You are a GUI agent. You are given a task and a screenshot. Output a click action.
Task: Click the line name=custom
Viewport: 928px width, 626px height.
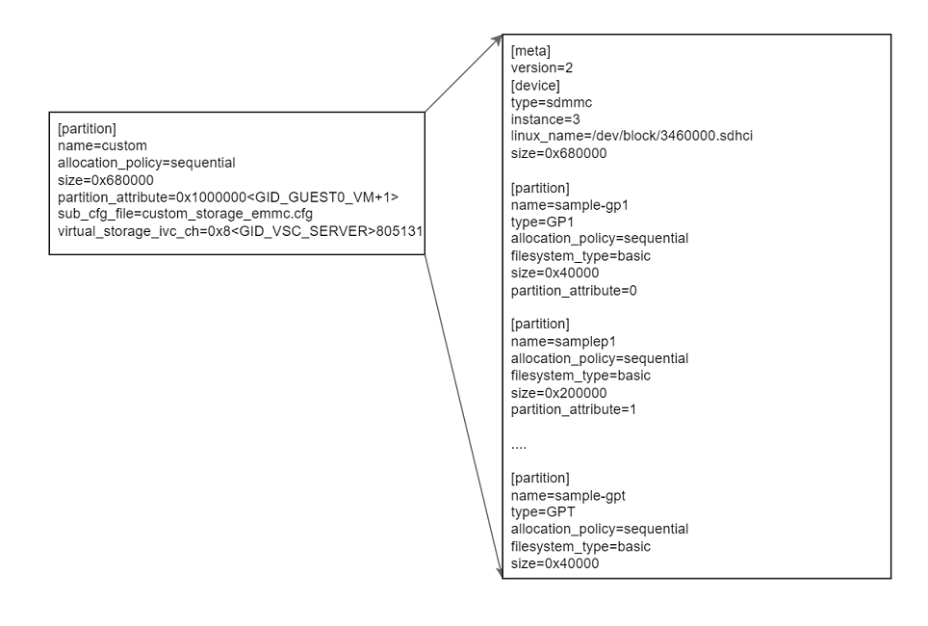[x=102, y=145]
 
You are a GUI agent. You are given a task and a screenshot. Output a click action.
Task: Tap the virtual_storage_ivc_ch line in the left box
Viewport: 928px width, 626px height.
[x=241, y=231]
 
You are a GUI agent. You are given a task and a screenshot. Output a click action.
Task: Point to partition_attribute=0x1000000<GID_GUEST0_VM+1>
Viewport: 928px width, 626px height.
[x=227, y=196]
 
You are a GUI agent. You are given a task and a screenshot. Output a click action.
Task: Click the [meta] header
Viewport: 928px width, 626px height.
[x=530, y=51]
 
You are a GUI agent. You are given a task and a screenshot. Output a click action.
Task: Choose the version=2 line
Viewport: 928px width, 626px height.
[x=542, y=68]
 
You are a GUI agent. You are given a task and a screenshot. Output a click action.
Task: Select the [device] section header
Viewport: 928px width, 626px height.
[x=535, y=86]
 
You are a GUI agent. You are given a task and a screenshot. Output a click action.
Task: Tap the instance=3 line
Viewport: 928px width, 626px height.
[x=546, y=119]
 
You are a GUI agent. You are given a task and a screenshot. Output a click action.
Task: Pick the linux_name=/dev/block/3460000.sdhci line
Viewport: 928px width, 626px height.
[x=632, y=136]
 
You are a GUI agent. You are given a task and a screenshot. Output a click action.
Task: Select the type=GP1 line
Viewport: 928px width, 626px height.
[x=543, y=222]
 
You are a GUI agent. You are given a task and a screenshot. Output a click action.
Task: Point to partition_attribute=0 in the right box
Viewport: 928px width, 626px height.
[x=574, y=290]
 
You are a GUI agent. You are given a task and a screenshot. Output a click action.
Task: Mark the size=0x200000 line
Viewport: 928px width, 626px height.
[x=558, y=392]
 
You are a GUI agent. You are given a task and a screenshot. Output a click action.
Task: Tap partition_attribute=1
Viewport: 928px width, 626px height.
[x=574, y=409]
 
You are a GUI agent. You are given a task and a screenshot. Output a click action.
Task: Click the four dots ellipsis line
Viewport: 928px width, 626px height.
[x=518, y=445]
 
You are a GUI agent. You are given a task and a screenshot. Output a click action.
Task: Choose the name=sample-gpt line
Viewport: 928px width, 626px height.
[x=568, y=495]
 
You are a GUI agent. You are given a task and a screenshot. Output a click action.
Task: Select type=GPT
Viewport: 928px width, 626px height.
[x=543, y=512]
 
